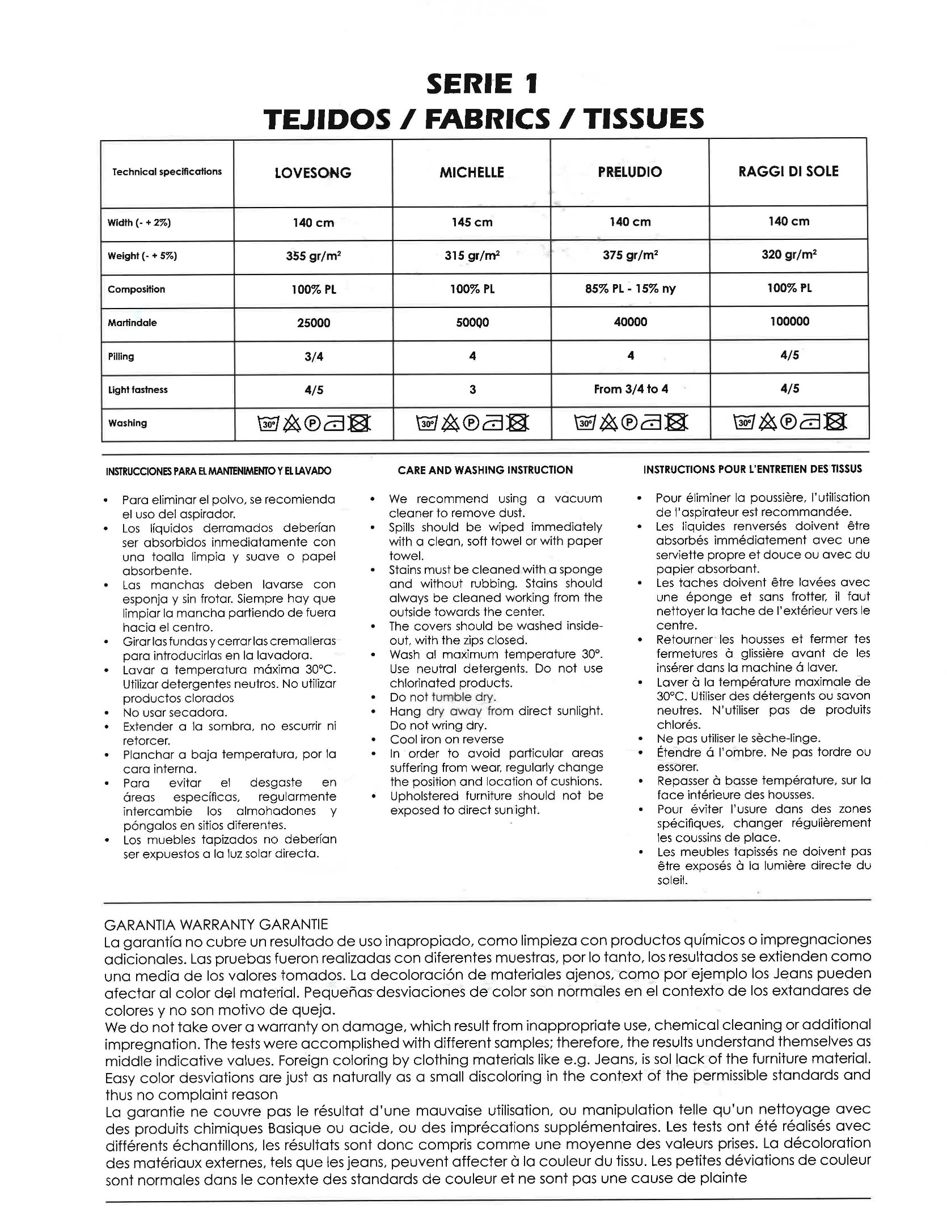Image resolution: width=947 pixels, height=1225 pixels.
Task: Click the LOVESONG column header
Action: point(312,173)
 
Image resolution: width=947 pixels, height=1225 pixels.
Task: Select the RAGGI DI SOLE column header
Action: point(788,171)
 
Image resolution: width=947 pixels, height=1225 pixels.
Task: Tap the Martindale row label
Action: point(132,323)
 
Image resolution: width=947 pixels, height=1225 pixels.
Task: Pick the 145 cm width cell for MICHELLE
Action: point(472,222)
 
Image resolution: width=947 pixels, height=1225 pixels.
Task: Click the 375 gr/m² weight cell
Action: point(630,255)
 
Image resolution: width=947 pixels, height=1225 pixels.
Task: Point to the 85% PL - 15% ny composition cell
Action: point(630,289)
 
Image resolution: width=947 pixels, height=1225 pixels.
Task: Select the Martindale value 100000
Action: point(789,322)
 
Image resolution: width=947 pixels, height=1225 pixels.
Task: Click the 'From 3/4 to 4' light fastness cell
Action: point(631,389)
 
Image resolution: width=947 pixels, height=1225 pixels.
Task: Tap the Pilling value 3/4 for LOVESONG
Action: point(314,356)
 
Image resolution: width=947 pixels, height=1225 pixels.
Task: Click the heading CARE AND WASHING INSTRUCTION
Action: point(485,470)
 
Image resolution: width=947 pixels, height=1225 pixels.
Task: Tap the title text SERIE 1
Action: point(482,85)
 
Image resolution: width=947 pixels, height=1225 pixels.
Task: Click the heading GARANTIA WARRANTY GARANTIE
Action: point(216,925)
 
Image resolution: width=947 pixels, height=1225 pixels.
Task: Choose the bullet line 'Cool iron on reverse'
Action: point(446,740)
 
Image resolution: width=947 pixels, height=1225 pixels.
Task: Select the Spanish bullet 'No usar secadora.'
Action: point(175,712)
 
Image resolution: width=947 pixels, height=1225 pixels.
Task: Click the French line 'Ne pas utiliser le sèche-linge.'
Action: point(738,738)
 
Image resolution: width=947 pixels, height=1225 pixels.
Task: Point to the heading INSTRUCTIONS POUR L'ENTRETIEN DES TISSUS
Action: point(752,470)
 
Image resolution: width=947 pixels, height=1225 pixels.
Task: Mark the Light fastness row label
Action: point(138,390)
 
